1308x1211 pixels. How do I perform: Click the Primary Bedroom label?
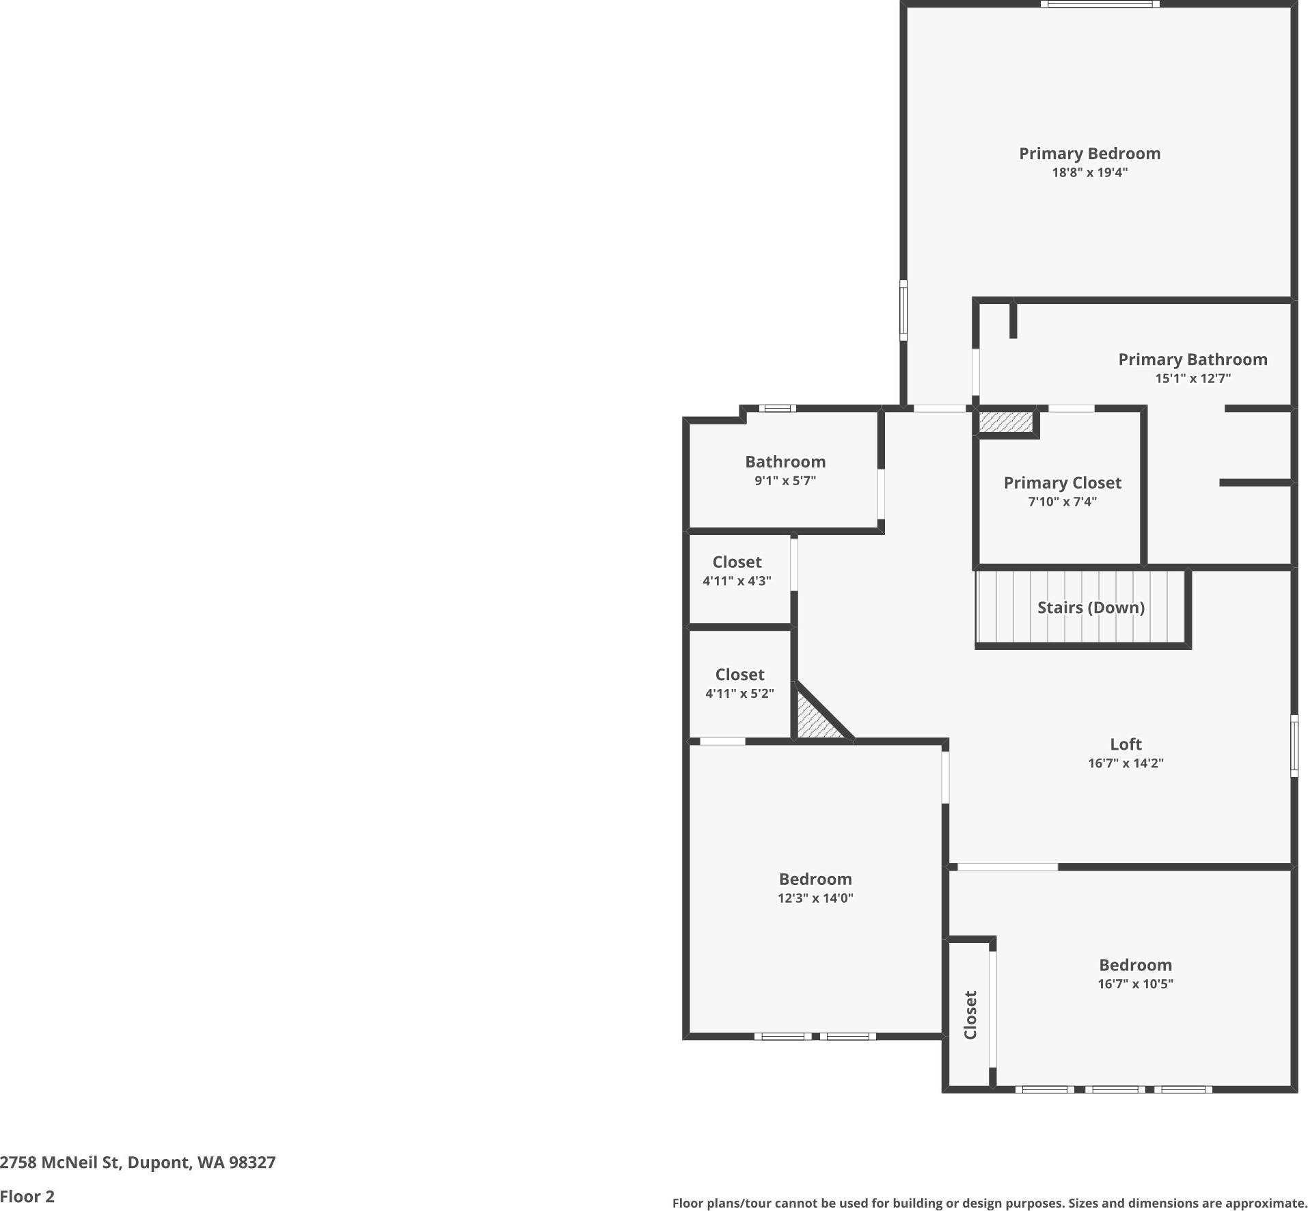(x=1089, y=154)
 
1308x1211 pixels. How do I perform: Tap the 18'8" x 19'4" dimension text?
(x=1089, y=173)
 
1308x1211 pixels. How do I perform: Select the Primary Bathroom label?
(x=1193, y=359)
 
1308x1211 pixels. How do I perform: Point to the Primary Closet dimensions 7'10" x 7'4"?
(x=1062, y=502)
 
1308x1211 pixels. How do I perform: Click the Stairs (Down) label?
(x=1091, y=608)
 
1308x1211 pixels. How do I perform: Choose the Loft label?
(x=1126, y=744)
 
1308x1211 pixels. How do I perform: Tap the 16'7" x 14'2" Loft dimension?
(x=1126, y=763)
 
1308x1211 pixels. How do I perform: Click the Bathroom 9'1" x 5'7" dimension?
(x=785, y=480)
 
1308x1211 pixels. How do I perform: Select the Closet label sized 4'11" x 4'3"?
(x=737, y=562)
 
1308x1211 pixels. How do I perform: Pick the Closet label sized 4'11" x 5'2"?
(x=739, y=675)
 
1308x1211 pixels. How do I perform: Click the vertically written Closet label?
(x=970, y=1015)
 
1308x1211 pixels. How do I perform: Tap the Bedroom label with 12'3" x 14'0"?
(x=815, y=879)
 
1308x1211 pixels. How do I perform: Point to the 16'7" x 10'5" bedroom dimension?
(x=1135, y=984)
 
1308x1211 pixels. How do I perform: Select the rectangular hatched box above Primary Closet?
(x=1005, y=422)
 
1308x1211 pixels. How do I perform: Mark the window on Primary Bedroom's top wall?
(x=1100, y=4)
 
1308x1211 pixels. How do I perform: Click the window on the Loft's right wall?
(x=1294, y=746)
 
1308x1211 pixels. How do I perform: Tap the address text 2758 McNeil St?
(x=137, y=1162)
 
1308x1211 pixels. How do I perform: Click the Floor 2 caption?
(x=27, y=1197)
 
